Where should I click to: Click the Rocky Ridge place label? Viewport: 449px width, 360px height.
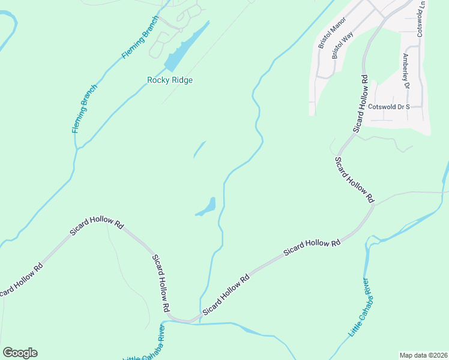point(170,80)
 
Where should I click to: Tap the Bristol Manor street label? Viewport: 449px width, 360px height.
point(329,37)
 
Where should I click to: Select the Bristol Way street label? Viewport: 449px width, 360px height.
point(343,46)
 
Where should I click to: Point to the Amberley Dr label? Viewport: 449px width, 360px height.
point(406,71)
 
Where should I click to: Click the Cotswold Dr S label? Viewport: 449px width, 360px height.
point(388,107)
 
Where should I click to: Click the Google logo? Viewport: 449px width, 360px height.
point(20,353)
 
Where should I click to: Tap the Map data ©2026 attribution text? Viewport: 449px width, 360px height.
point(424,355)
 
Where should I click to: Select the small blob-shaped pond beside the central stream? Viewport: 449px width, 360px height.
point(208,207)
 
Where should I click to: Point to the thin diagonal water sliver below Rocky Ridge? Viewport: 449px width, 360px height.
point(199,149)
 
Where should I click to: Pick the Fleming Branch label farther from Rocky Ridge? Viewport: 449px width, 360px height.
point(85,109)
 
